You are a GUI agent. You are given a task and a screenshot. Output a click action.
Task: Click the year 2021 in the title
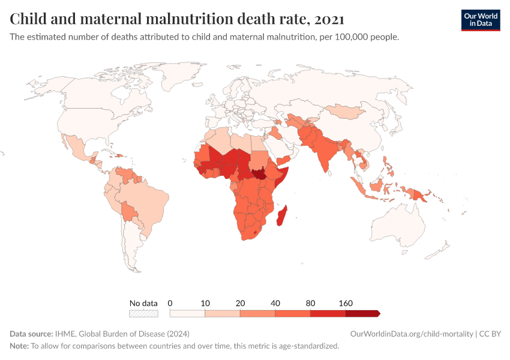click(329, 19)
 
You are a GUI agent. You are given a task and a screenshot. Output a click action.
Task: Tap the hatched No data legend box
click(143, 313)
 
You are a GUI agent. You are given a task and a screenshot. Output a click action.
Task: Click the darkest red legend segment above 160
click(362, 313)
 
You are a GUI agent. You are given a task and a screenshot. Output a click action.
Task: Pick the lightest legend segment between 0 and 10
click(187, 313)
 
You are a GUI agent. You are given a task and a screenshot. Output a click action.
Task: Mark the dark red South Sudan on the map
click(260, 173)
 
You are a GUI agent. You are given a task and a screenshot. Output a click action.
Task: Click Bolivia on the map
click(128, 211)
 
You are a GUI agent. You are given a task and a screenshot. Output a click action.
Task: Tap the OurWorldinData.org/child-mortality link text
click(411, 334)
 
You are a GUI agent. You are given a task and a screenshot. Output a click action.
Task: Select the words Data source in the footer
click(31, 334)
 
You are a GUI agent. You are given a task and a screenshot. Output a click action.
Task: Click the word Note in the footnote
click(19, 346)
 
